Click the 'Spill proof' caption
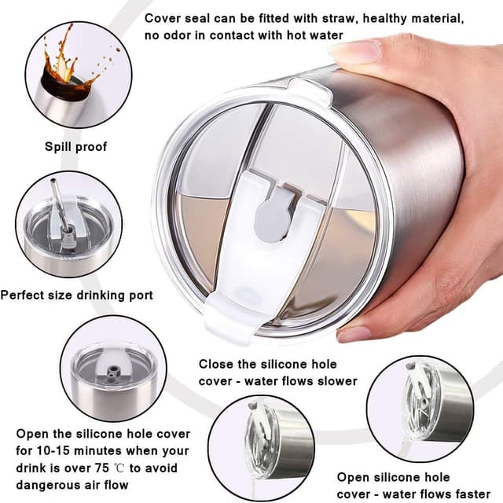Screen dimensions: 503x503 [x=75, y=147]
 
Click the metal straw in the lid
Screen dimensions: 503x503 [x=61, y=205]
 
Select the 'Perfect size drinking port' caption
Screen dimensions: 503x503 [x=77, y=296]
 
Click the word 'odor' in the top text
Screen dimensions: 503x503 [x=177, y=35]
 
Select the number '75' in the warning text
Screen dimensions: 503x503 [x=101, y=468]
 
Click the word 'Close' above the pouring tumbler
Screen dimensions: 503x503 [x=215, y=364]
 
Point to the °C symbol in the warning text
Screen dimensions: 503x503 [x=119, y=468]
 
